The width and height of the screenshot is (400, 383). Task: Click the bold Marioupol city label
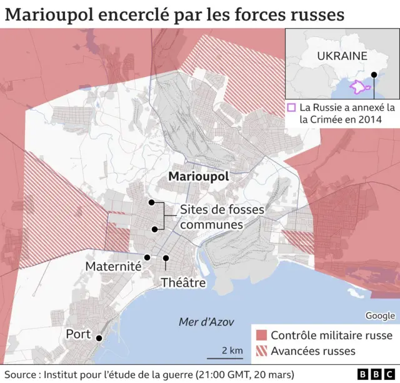[199, 177]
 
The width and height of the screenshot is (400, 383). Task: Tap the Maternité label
[113, 266]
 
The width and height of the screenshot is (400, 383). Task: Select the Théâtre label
[183, 282]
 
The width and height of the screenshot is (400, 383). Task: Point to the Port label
[78, 334]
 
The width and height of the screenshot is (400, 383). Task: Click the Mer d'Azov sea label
[206, 322]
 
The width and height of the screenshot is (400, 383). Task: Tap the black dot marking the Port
[99, 338]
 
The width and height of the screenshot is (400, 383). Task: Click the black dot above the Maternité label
[147, 257]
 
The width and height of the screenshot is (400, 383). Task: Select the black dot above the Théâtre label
[166, 258]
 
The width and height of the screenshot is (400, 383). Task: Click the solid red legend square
[261, 335]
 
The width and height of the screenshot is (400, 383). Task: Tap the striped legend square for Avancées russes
[261, 351]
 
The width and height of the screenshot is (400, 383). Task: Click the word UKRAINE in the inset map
[342, 56]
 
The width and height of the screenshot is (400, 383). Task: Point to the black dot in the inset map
[374, 74]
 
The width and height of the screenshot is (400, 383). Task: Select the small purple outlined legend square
[291, 108]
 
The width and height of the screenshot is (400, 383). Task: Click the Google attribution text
[380, 315]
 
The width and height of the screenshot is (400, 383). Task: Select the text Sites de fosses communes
[212, 217]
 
